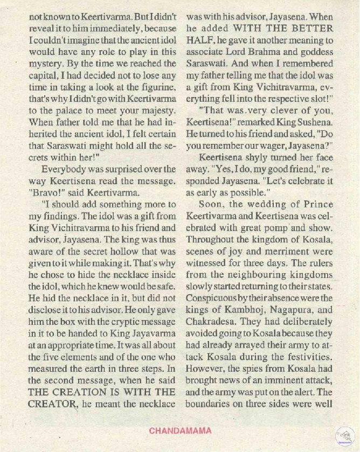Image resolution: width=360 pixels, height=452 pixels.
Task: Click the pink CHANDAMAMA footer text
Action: coord(180,430)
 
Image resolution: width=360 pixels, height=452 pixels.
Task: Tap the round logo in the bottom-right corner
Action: coord(345,435)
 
